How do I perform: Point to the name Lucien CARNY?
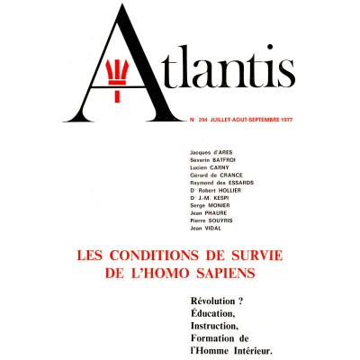point(212,166)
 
